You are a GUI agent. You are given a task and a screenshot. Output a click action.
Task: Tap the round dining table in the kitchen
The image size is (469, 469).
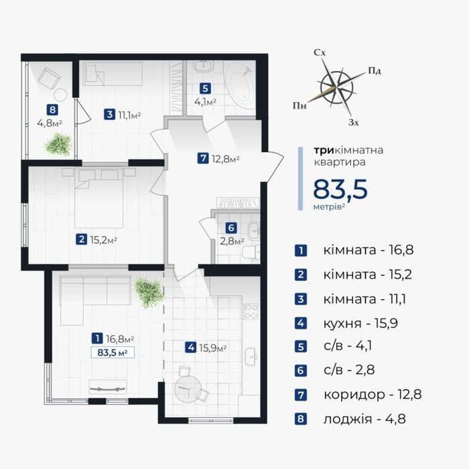[x=188, y=389]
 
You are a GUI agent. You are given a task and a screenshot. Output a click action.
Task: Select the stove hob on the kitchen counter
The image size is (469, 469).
[x=251, y=312]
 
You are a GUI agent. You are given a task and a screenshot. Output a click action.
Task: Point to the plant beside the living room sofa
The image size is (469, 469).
[x=149, y=292]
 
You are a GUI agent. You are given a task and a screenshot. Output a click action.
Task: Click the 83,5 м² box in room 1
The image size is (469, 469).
[x=113, y=352]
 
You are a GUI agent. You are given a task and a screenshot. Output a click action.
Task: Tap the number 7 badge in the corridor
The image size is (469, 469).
[x=203, y=158]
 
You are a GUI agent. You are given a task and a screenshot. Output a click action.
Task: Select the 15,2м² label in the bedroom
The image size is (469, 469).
[x=103, y=240]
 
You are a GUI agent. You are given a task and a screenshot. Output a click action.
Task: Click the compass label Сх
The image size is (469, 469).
[x=320, y=53]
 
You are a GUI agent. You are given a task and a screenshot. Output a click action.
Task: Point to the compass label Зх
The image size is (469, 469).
[x=353, y=123]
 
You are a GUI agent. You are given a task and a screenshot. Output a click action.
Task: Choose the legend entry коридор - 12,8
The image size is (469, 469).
[x=373, y=395]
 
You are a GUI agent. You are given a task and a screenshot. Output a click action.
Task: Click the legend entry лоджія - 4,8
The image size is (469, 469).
[x=364, y=419]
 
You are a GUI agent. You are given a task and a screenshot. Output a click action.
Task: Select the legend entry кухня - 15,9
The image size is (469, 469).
[x=360, y=324]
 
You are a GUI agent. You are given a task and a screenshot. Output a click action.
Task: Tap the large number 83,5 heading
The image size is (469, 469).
[x=340, y=190]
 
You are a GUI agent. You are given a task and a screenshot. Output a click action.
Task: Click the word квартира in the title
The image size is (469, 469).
[x=339, y=162]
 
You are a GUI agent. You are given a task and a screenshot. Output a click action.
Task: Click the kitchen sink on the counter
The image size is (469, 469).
[x=251, y=356]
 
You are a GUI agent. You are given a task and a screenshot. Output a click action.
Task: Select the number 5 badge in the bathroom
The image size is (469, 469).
[x=205, y=88]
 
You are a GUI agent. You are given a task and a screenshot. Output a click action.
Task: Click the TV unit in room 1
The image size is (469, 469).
[x=108, y=388]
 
